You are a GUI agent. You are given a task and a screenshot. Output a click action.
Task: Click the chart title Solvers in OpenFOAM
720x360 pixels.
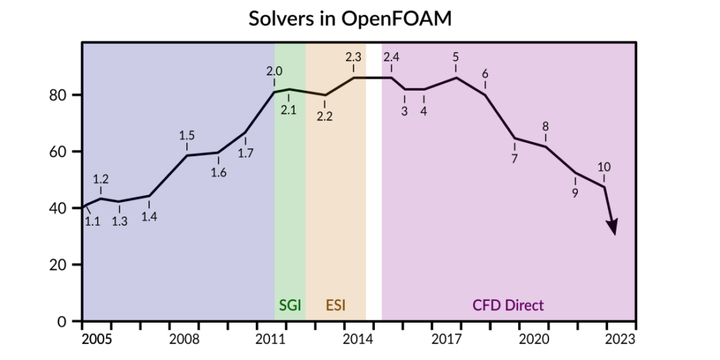(349, 19)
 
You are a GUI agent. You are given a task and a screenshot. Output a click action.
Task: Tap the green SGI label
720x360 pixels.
(290, 305)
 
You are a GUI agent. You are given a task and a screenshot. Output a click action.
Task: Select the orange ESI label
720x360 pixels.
(335, 305)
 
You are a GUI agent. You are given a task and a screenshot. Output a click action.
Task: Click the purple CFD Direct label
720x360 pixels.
(508, 305)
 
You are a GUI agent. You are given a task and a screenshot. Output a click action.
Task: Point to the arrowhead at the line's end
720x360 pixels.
(612, 226)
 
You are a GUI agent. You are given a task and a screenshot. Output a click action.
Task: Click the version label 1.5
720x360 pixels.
(187, 136)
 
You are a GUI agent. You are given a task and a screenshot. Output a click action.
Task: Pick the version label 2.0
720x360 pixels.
(274, 71)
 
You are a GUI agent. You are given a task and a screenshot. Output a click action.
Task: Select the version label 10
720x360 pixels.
(603, 167)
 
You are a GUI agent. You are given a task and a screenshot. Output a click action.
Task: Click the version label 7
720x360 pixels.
(514, 159)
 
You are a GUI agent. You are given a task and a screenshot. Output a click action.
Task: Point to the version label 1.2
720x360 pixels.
(101, 179)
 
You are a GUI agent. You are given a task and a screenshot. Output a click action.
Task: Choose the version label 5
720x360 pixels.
(456, 57)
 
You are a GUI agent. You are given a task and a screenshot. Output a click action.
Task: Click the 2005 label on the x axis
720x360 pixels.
(96, 339)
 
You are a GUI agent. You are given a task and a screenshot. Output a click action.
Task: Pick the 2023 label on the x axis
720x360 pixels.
(621, 339)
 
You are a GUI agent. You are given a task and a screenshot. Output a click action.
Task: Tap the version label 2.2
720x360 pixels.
(324, 117)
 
